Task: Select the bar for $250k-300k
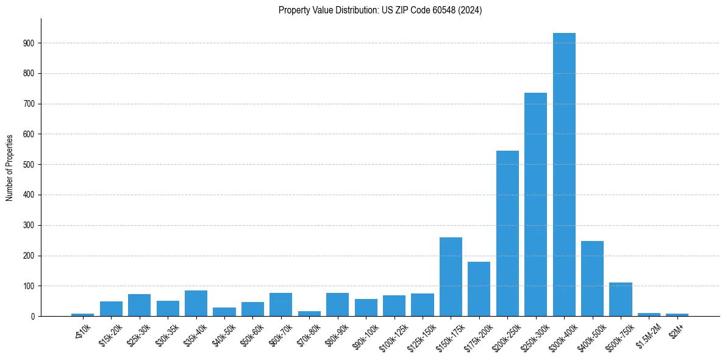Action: (535, 204)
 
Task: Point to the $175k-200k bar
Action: (479, 289)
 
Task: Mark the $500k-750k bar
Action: (620, 300)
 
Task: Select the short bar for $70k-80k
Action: (309, 314)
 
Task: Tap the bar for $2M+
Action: (677, 315)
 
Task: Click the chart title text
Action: (380, 10)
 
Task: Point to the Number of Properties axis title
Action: (9, 167)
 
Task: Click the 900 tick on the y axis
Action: (29, 43)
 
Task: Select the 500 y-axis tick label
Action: (29, 165)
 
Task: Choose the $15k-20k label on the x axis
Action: (110, 335)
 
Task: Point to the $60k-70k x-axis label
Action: (280, 335)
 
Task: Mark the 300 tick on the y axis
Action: (29, 225)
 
